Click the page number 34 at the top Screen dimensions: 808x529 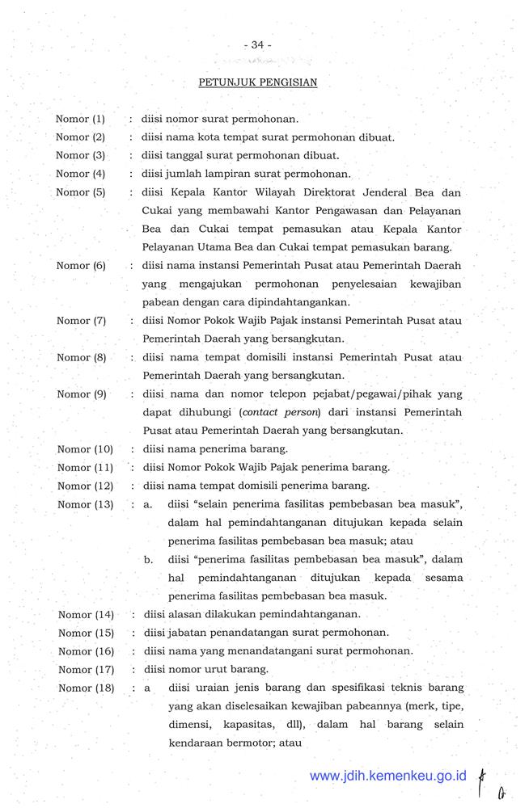258,45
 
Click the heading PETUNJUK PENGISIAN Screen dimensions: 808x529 258,82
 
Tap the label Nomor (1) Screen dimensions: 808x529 80,119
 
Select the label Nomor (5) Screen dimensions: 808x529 81,192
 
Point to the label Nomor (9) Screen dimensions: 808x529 82,394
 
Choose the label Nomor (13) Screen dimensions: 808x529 85,505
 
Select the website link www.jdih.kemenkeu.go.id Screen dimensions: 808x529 388,776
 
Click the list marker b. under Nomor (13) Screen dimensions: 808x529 149,559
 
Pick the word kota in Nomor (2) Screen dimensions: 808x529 213,137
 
